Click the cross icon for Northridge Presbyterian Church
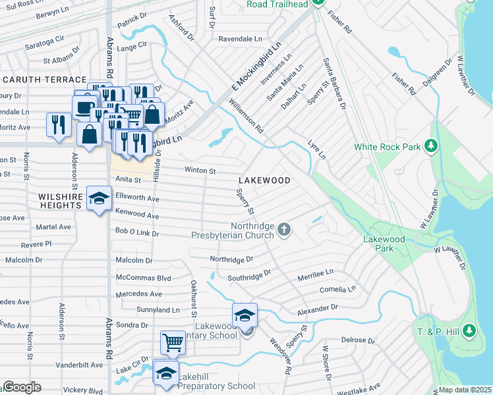(284, 229)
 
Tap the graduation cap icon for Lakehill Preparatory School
(165, 373)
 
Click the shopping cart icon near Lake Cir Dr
(172, 342)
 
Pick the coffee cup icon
(84, 107)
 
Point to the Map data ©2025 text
(465, 390)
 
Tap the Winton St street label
(200, 171)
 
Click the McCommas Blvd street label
(143, 278)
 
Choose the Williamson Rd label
(246, 116)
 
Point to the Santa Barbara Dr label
(334, 83)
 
